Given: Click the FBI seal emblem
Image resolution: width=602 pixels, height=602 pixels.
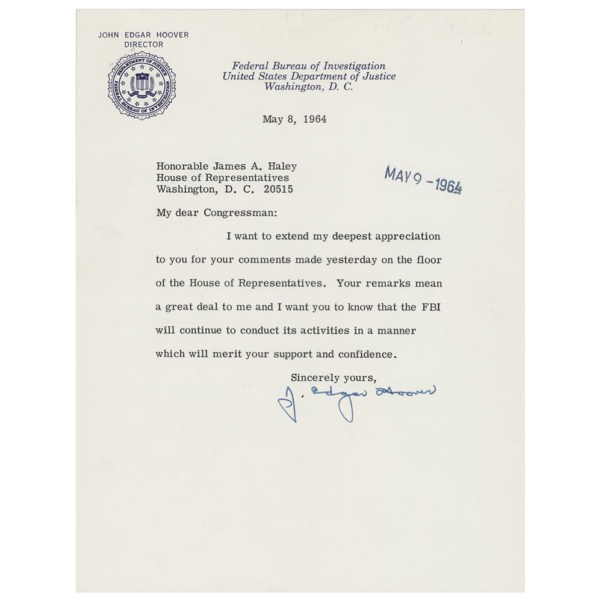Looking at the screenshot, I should tap(141, 85).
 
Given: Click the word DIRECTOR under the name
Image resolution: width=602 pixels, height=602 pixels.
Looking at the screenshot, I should tap(143, 44).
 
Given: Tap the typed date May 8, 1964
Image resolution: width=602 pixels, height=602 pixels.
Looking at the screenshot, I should tap(294, 119).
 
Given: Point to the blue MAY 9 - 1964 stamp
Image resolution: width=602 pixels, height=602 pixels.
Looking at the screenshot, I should tap(423, 180).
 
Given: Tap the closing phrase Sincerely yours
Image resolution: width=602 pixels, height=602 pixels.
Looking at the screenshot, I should tap(334, 377).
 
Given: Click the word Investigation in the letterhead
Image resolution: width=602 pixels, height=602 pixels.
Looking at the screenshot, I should tap(351, 66).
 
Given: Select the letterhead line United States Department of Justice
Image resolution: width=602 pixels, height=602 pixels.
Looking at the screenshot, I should tap(309, 76).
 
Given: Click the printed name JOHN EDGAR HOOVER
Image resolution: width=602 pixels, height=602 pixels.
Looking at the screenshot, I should tap(143, 35).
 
